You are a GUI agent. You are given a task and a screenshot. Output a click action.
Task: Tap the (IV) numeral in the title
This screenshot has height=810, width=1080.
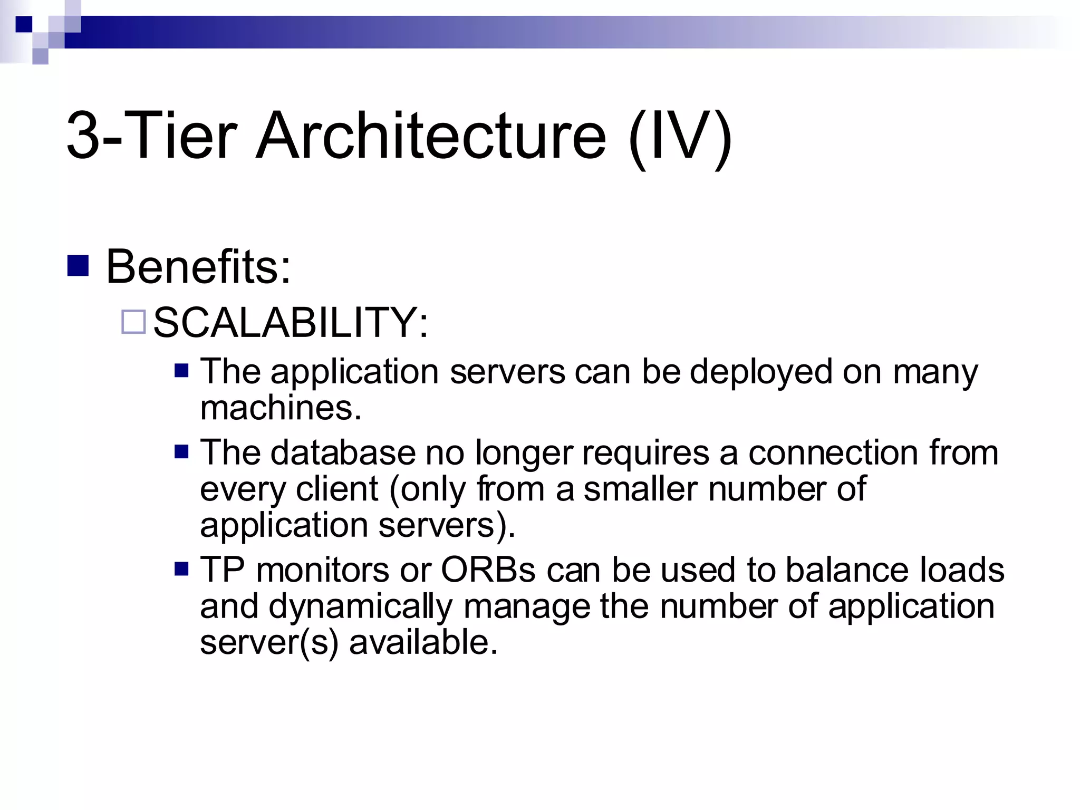pos(680,137)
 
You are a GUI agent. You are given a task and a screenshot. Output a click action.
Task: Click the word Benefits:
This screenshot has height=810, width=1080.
pos(198,267)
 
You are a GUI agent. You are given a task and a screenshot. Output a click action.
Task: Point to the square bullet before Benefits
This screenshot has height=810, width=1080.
pos(78,266)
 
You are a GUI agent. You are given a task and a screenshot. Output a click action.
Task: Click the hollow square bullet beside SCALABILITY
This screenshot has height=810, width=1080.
pos(133,322)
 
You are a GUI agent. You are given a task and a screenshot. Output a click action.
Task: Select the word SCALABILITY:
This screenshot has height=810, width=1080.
pos(291,322)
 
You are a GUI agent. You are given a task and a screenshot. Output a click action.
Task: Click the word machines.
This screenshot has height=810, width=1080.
pos(281,408)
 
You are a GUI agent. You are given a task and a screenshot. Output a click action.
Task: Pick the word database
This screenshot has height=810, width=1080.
pos(343,453)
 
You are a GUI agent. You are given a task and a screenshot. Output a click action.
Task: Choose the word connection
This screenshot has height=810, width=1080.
pos(834,453)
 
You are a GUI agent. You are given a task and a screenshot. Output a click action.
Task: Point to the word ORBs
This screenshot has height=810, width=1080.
pos(488,570)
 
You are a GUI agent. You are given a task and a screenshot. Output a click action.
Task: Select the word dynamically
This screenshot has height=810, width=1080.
pos(361,607)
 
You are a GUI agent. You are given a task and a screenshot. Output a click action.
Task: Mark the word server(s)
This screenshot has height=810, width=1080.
pos(269,643)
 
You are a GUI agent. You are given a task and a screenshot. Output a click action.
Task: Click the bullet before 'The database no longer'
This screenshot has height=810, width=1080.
pos(181,452)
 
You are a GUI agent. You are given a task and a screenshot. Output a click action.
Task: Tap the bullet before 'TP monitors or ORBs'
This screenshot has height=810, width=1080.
pos(181,569)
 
